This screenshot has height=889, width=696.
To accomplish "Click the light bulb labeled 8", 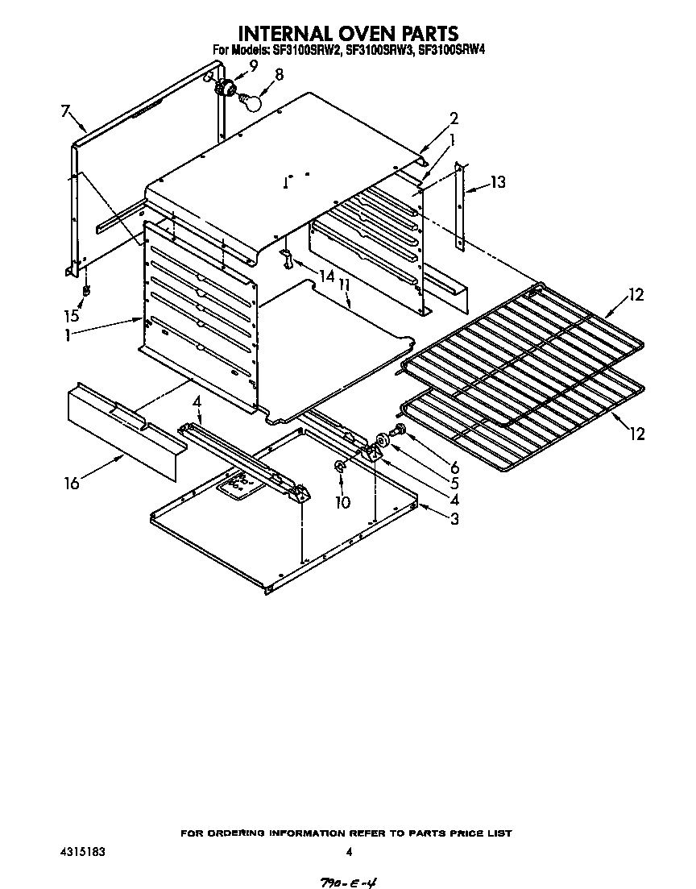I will coord(251,102).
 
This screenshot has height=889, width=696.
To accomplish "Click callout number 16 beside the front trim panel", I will coord(72,483).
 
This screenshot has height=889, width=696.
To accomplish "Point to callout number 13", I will coord(498,183).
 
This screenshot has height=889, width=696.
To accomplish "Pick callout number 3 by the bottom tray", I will coord(454,520).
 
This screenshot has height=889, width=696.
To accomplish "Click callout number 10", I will coord(343,502).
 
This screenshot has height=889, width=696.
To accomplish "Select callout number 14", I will coord(326,276).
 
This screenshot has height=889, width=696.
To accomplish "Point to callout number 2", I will coord(454,117).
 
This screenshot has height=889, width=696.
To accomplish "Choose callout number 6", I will coord(454,467).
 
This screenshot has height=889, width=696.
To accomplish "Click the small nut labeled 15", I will coord(86,289).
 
